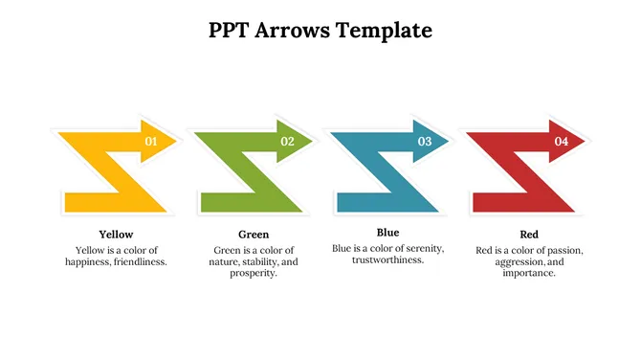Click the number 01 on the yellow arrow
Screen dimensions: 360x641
tap(150, 141)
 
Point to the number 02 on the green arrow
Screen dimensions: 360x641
tap(287, 141)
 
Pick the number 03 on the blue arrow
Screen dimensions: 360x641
tap(425, 141)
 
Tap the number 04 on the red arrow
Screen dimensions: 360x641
tap(562, 141)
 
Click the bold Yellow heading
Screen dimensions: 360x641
tap(116, 234)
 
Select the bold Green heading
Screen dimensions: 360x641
tap(254, 234)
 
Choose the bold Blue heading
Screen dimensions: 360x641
tap(387, 232)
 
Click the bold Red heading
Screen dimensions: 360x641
tap(529, 234)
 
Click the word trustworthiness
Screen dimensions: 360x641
tap(387, 259)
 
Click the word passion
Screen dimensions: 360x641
tap(563, 250)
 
